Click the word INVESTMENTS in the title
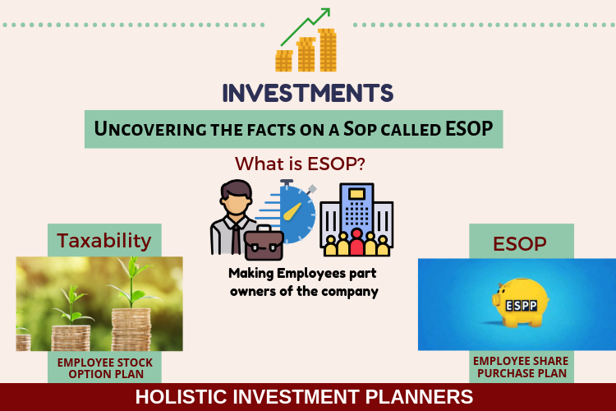click(308, 93)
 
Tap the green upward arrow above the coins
click(306, 26)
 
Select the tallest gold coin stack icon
click(327, 50)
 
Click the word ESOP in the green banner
click(469, 128)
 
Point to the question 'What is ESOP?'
click(300, 164)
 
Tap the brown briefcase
click(264, 242)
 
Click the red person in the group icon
click(356, 242)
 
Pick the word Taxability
click(104, 241)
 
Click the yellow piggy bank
click(520, 302)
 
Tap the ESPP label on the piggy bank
click(521, 306)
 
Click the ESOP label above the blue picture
click(520, 244)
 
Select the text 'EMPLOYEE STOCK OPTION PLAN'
click(105, 368)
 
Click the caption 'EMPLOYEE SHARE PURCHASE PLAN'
click(521, 367)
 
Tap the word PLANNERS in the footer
click(419, 396)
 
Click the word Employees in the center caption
click(311, 274)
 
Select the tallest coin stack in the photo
click(131, 330)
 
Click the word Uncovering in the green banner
click(150, 129)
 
